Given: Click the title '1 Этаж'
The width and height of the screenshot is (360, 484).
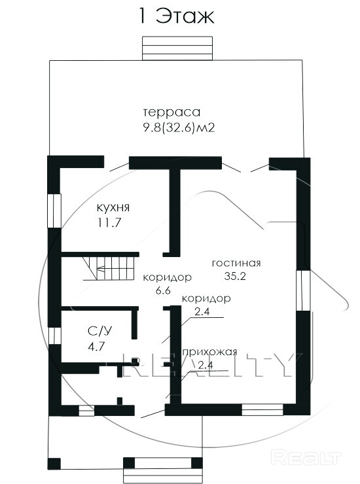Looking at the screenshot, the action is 177,16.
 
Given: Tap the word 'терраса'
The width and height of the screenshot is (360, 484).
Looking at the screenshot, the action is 172,112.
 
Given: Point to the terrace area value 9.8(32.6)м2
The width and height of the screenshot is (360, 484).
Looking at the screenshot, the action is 179,127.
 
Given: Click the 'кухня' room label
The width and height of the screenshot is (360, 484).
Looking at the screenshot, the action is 113,207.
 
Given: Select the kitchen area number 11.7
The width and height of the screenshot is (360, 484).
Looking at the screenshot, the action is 109,222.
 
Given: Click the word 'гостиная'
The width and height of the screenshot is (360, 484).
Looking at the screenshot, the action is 236,263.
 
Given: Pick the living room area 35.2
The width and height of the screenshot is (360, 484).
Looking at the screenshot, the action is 235,276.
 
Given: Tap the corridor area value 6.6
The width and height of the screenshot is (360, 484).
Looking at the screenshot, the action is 164,290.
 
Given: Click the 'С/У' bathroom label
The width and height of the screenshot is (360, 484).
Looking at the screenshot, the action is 99,331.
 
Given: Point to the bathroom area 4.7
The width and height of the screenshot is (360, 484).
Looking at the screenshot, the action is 96,347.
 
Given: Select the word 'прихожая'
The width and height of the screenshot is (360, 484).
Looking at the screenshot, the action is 210,352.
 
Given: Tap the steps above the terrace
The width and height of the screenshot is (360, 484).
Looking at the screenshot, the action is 177,48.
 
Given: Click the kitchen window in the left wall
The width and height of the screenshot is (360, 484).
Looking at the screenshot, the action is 54,211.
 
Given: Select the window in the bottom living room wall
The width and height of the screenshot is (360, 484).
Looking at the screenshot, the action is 262,409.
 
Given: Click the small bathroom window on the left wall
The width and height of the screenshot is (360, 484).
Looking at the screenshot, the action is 54,336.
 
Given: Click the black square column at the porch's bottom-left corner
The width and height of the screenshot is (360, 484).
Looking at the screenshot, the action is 54,464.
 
